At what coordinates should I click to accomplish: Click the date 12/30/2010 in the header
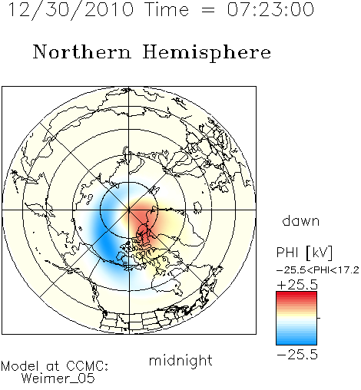(71, 9)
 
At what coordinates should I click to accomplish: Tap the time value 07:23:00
(270, 9)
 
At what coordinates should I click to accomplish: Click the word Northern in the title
(82, 51)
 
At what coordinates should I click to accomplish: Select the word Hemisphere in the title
(207, 53)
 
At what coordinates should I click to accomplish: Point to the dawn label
(301, 220)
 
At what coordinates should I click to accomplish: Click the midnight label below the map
(180, 360)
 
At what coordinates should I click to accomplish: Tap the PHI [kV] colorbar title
(304, 253)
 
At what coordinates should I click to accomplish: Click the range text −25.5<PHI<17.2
(318, 270)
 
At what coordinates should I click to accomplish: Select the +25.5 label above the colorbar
(297, 285)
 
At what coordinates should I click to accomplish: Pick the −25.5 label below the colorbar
(297, 355)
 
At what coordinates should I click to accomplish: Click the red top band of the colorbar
(296, 295)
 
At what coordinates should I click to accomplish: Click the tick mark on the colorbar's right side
(319, 318)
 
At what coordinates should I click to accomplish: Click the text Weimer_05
(58, 378)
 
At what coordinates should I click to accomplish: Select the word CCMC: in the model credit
(88, 366)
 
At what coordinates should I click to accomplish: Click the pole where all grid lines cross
(129, 210)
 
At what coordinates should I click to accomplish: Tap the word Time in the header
(167, 9)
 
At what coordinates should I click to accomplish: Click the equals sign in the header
(208, 10)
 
